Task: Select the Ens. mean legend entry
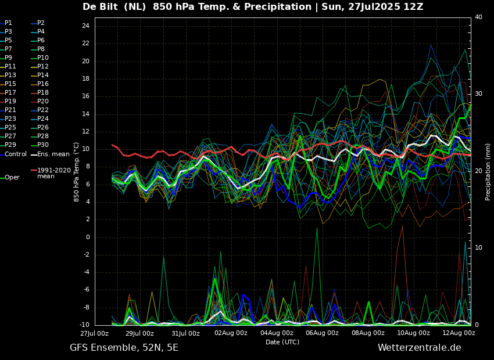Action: coord(53,154)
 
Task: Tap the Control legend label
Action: coord(16,154)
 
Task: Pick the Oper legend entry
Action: coord(12,178)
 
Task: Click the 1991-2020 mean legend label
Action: coord(54,173)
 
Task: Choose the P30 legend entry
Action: coord(43,145)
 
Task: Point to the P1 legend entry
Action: coord(9,23)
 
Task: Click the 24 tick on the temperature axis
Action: coord(85,26)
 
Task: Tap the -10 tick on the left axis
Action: coord(84,325)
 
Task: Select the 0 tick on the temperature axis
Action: coord(88,237)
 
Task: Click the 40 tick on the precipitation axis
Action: coord(478,17)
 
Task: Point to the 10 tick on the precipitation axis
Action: coord(478,248)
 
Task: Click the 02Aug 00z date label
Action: coord(231,333)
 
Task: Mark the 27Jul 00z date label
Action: coord(95,333)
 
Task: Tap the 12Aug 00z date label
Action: coord(459,333)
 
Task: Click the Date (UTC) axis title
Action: coord(282,342)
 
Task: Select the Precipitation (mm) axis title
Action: coord(488,171)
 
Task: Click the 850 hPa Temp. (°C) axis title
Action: coord(77,172)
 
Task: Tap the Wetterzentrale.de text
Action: coord(420,348)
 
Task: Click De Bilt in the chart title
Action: coord(100,6)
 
